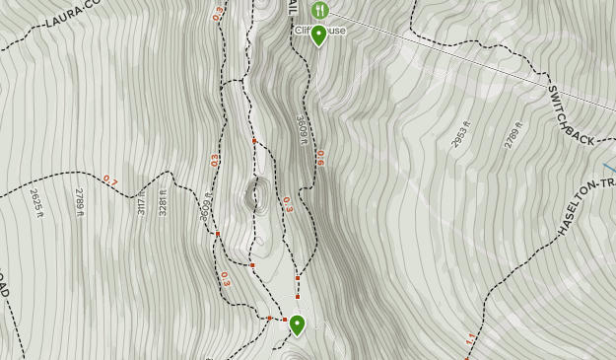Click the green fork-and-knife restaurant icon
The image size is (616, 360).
pyautogui.click(x=318, y=10)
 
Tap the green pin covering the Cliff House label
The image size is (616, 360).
pyautogui.click(x=318, y=36)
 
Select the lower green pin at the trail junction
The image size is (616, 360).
pyautogui.click(x=296, y=324)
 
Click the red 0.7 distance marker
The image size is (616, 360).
pyautogui.click(x=110, y=180)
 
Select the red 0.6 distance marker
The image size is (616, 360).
pyautogui.click(x=320, y=157)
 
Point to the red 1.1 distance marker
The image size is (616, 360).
pyautogui.click(x=470, y=338)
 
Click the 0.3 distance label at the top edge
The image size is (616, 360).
pyautogui.click(x=218, y=14)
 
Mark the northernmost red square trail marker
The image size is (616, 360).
pyautogui.click(x=254, y=141)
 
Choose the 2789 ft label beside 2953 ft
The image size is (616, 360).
pyautogui.click(x=511, y=132)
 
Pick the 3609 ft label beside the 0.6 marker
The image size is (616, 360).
pyautogui.click(x=302, y=129)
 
